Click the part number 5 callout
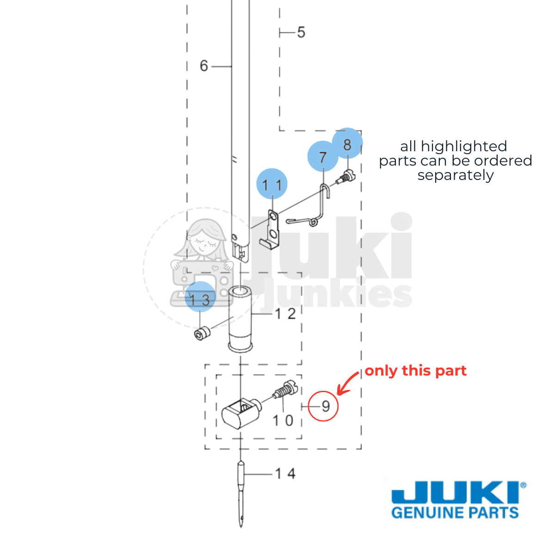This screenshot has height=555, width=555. (301, 32)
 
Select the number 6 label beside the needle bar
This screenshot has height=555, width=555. (204, 66)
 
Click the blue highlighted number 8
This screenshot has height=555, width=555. (347, 143)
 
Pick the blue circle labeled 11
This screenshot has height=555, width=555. (271, 184)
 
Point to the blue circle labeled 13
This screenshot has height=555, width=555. (200, 296)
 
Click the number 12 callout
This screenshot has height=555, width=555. (285, 314)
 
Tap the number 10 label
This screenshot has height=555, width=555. (283, 420)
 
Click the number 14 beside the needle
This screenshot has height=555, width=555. (285, 474)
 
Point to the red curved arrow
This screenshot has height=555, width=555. (347, 382)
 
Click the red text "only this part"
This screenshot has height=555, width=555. (415, 370)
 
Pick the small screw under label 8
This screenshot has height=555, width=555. (346, 177)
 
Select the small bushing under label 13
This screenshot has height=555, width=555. (202, 333)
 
